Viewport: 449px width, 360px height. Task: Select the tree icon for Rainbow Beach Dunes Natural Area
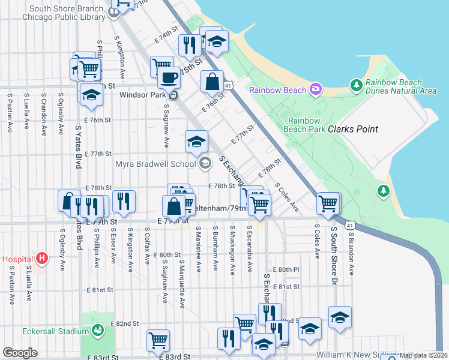pos(356,86)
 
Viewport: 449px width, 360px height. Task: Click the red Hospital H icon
pos(41,259)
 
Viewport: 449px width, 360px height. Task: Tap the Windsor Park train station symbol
pos(172,95)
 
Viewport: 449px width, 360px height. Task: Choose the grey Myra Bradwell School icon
pos(205,163)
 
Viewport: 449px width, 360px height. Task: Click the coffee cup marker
pos(169,77)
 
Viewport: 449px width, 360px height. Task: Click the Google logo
pos(19,353)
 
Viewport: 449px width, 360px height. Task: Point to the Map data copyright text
pos(423,355)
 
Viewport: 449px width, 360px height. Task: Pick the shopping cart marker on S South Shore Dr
pos(328,204)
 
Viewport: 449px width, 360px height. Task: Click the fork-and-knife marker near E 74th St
pos(190,45)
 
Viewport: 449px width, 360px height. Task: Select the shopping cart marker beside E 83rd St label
pos(158,340)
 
